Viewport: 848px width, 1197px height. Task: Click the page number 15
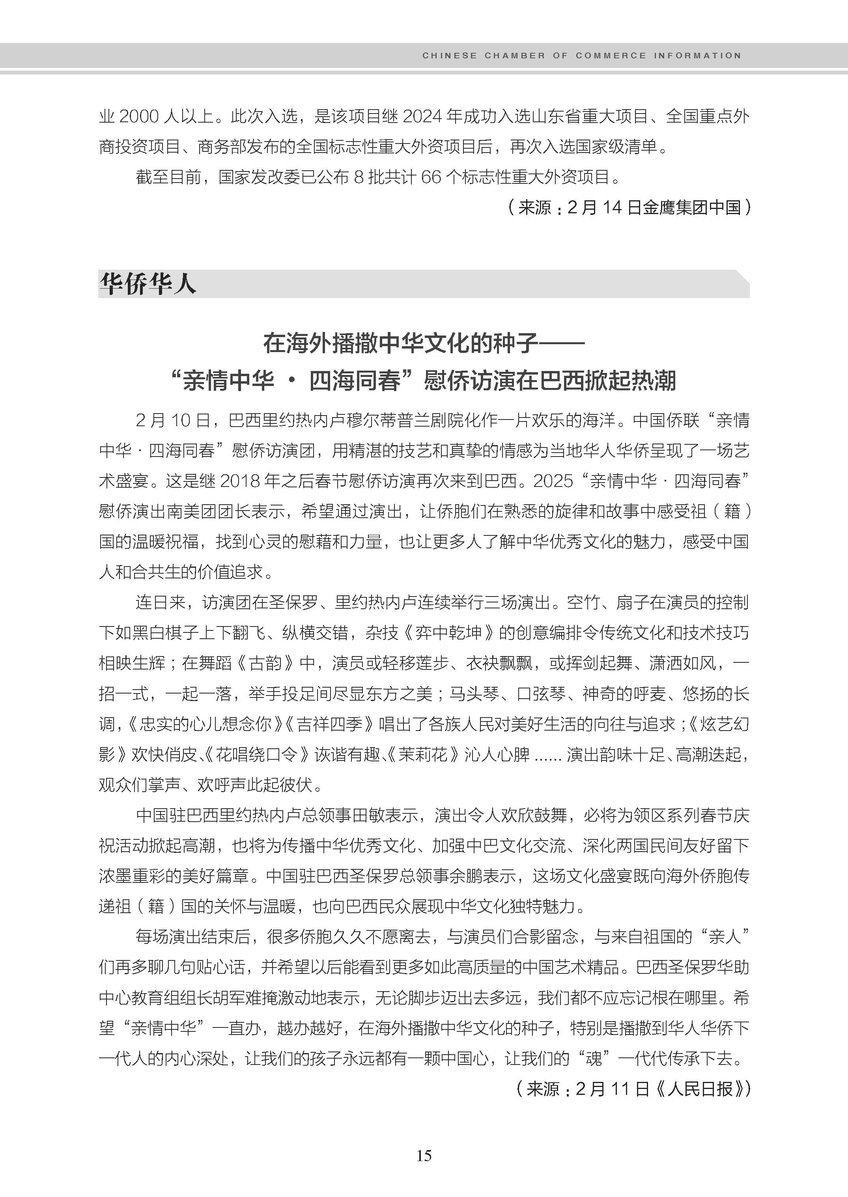click(x=424, y=1156)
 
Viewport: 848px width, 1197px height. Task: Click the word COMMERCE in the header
click(x=611, y=55)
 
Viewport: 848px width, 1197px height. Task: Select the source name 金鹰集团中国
click(x=691, y=208)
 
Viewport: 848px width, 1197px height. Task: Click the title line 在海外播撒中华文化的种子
click(x=400, y=343)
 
